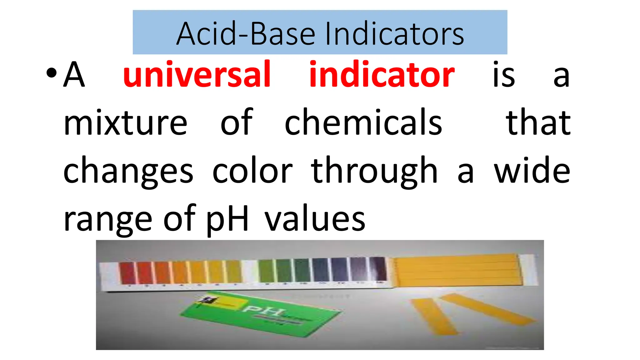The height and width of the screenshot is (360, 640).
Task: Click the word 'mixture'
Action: click(x=125, y=122)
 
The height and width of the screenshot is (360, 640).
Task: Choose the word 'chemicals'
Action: click(x=363, y=122)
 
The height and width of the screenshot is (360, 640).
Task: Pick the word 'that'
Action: click(x=538, y=122)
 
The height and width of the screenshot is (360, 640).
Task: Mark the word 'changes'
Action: click(x=128, y=171)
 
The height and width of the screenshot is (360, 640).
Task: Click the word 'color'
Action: click(x=252, y=171)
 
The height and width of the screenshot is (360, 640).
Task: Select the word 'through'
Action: click(x=374, y=171)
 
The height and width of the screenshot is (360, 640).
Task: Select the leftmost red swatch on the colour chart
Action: click(x=127, y=272)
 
